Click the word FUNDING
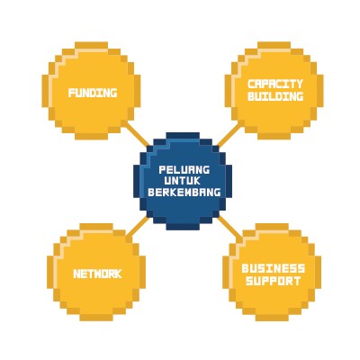pos(93,93)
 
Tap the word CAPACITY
pos(275,84)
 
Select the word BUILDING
pos(275,96)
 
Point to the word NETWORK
pos(97,274)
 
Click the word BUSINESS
pos(274,268)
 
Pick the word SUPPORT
pos(274,281)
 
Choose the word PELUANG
pos(184,170)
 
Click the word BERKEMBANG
pos(184,192)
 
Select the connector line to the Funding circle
pos(137,134)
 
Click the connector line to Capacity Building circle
pos(229,134)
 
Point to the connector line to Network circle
pos(138,227)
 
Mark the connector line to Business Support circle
pos(229,227)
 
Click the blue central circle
pos(183,181)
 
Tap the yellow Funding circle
pos(91,91)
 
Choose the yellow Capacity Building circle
pos(274,91)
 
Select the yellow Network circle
pos(96,272)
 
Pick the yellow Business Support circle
pos(272,272)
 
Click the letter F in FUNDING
pos(71,93)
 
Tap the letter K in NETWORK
pos(118,274)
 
